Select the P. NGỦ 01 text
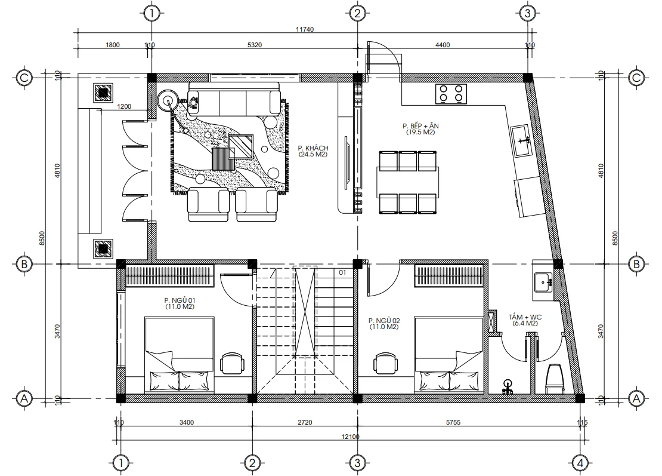180,303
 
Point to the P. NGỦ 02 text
384,324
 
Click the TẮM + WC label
525,320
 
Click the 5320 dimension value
255,45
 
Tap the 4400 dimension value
443,45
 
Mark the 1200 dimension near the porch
124,107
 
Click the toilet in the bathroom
555,379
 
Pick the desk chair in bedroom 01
232,363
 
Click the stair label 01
342,273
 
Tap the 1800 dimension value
113,45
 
